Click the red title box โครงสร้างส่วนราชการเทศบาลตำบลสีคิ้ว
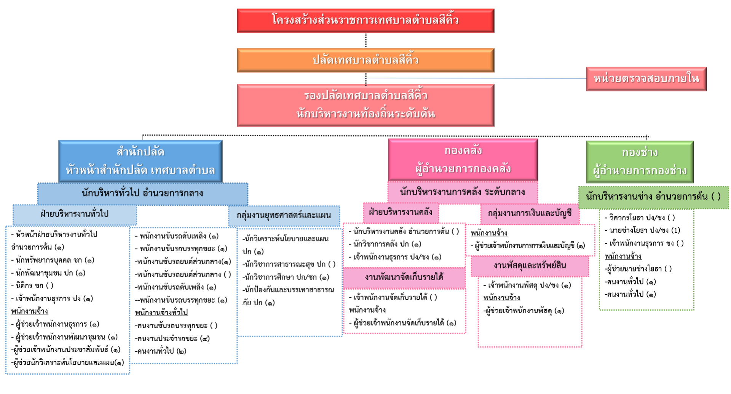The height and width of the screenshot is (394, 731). tap(365, 21)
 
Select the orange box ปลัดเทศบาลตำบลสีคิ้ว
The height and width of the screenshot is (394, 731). tap(365, 60)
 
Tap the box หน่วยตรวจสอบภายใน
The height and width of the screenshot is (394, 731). tap(646, 79)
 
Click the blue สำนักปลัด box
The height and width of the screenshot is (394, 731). tap(140, 161)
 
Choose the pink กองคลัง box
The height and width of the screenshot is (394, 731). tap(463, 160)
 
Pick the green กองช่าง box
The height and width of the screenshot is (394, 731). tap(640, 162)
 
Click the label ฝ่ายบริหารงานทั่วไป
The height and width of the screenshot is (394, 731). tap(75, 214)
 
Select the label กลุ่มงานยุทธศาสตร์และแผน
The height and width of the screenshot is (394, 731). tap(284, 215)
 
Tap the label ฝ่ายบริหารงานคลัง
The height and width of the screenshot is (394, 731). tap(401, 212)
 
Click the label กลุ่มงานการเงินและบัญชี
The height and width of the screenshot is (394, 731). tap(530, 214)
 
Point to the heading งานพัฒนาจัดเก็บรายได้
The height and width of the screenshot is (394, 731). tap(404, 278)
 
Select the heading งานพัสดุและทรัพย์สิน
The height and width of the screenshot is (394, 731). tap(530, 266)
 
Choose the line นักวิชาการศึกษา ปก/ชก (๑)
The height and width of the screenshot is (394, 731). tap(286, 277)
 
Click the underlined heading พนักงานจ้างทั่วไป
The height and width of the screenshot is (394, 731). tap(161, 313)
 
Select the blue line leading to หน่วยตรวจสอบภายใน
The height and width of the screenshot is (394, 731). tap(476, 78)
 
